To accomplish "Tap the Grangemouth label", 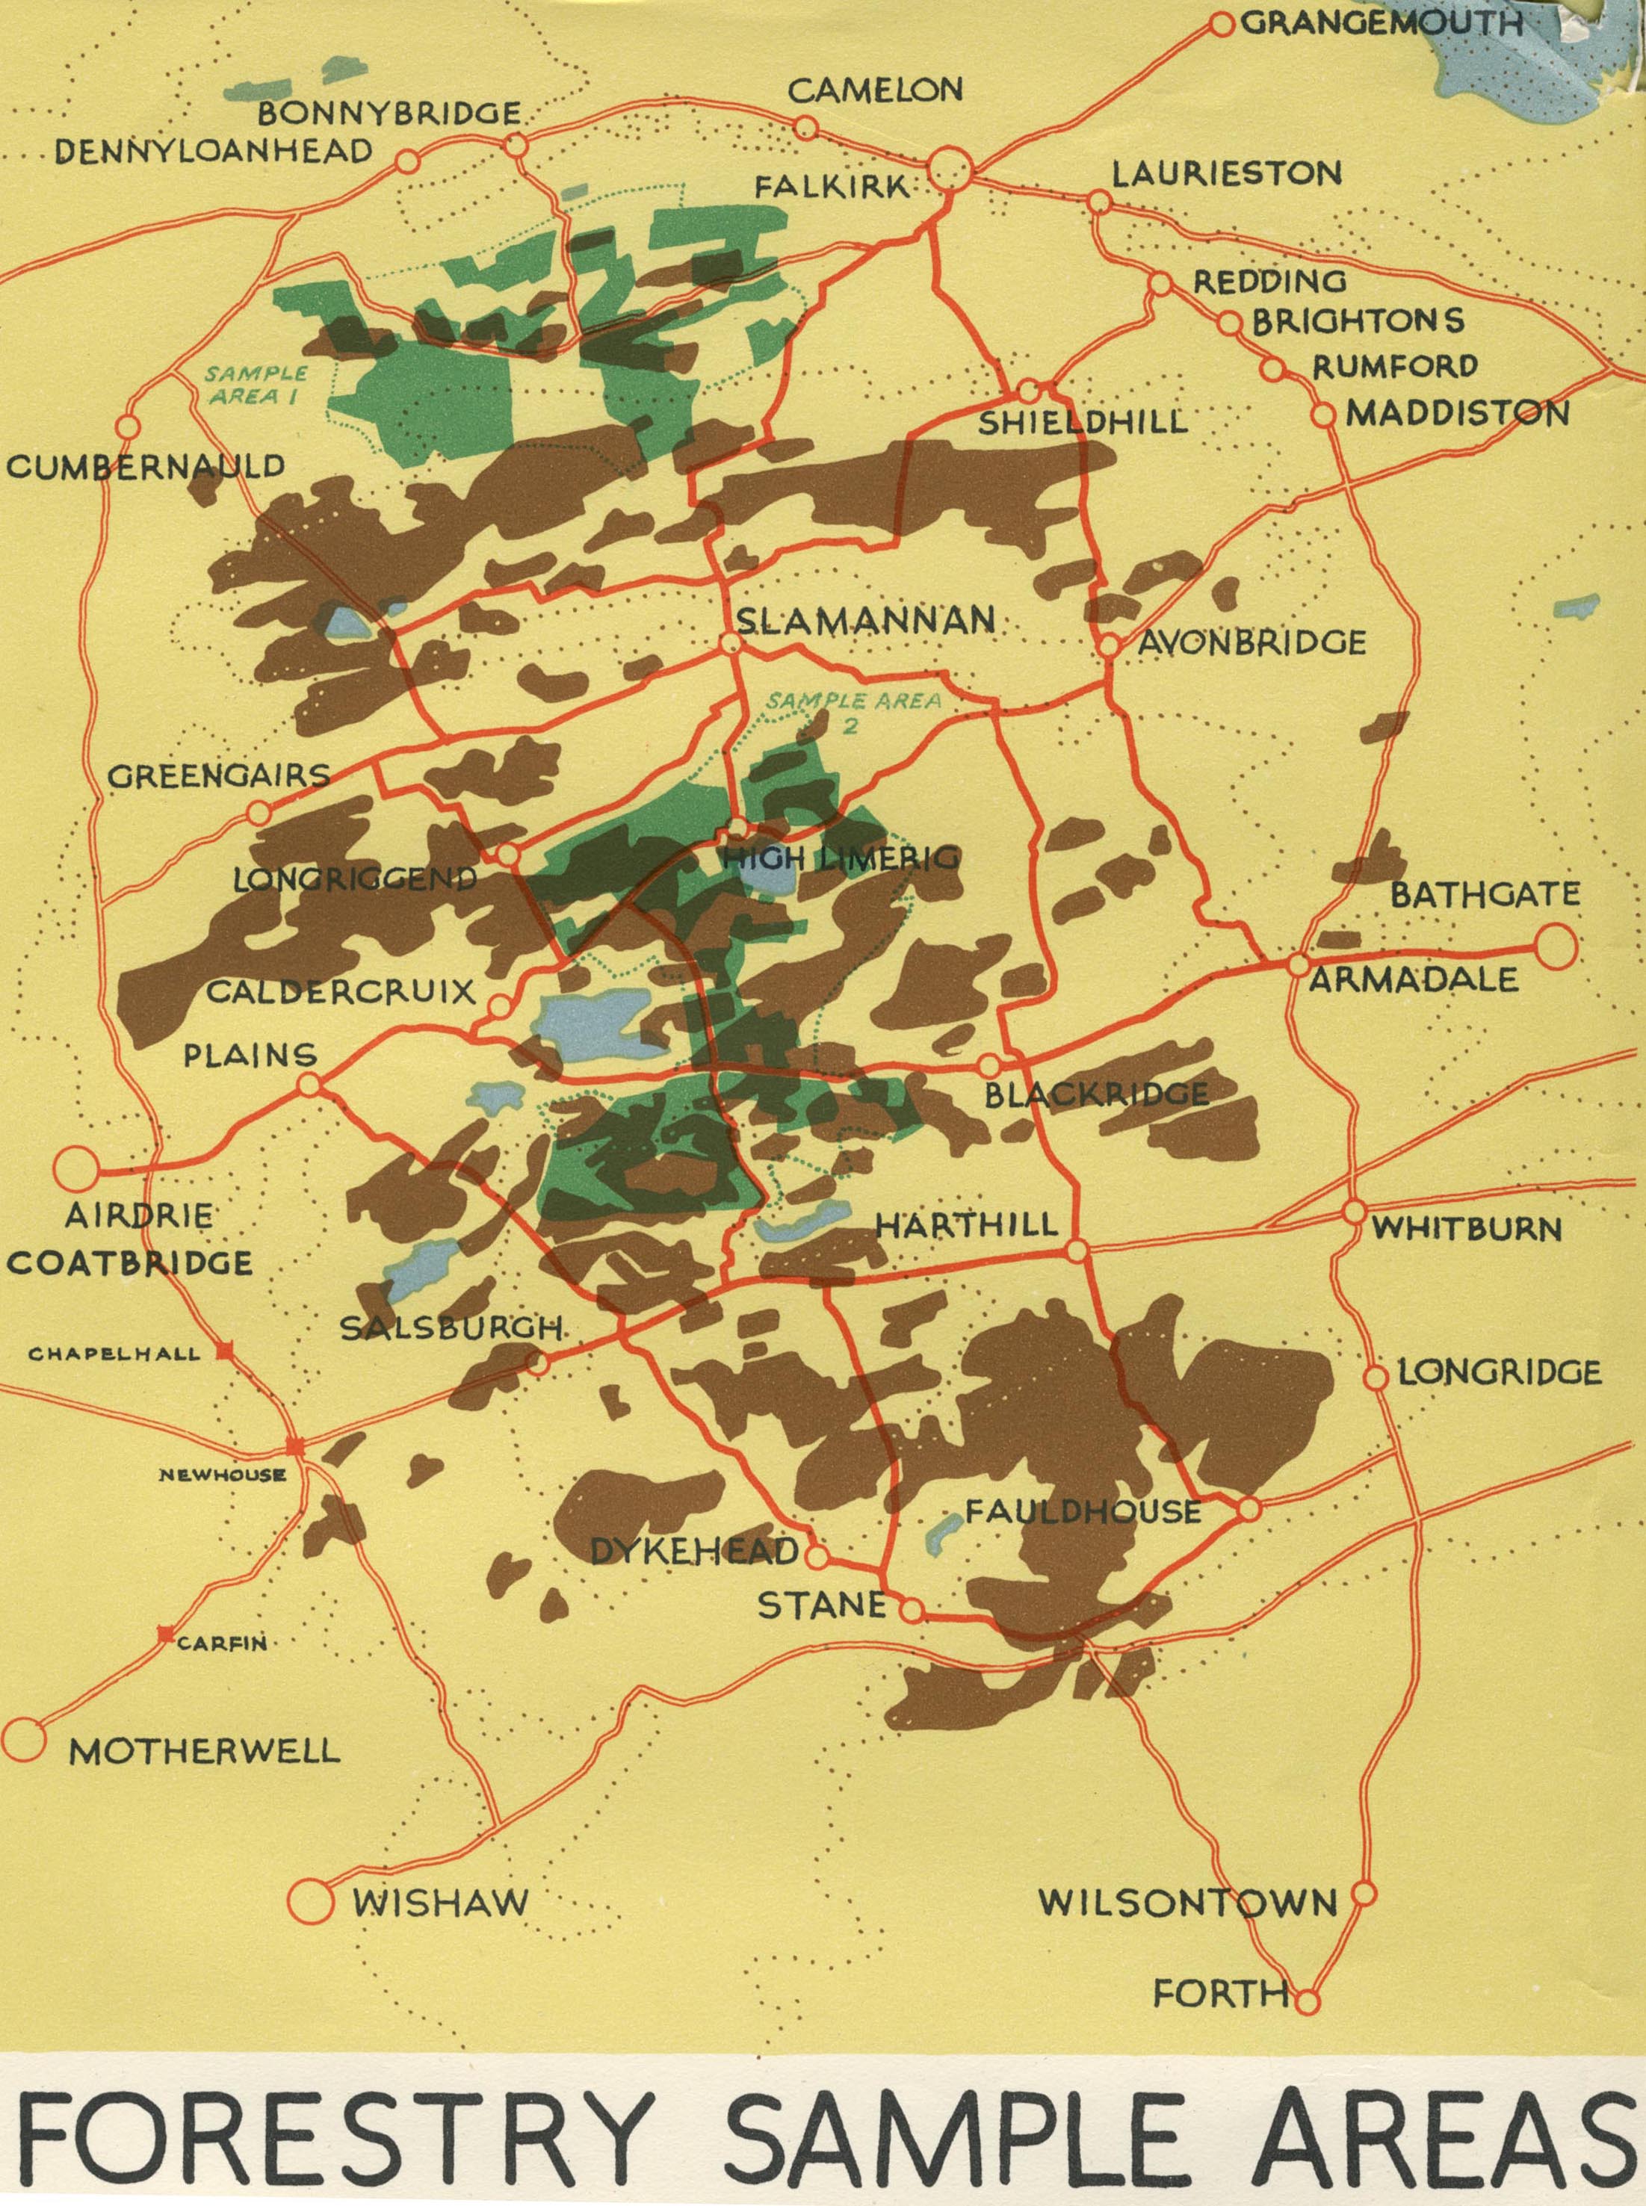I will click(1381, 24).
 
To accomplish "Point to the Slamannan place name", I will click(865, 621).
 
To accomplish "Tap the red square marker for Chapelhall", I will click(225, 1351).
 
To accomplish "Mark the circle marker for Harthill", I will click(1075, 1251).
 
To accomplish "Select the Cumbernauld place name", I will click(146, 467).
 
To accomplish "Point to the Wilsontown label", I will click(1188, 1903).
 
